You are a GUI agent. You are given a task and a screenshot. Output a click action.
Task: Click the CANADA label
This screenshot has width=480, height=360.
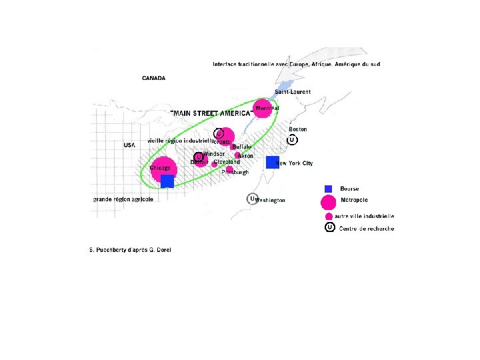coord(153,78)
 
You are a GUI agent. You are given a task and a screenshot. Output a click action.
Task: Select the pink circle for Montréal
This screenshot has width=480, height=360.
coord(263,108)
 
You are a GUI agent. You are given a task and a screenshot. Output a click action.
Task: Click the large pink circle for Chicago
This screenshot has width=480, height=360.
coord(163,169)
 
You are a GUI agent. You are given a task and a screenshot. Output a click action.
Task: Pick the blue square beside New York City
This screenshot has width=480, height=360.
coord(272,162)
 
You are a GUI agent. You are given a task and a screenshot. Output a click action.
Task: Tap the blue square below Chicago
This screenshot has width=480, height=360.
coord(167,181)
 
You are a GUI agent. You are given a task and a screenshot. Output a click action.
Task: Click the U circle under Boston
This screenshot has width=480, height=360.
coord(292,140)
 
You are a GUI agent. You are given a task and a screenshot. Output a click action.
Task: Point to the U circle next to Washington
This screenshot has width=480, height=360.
coord(252,199)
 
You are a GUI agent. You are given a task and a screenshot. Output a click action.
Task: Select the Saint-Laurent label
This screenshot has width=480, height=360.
coord(292,91)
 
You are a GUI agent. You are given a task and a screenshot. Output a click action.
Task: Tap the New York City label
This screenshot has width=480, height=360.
coord(295,163)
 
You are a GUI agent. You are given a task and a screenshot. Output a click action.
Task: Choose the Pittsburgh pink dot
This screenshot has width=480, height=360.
coord(230,169)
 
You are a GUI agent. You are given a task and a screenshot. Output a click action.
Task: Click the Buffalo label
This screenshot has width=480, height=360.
coord(242,147)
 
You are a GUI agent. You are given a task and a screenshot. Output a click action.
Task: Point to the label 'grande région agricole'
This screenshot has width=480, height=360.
coord(123,199)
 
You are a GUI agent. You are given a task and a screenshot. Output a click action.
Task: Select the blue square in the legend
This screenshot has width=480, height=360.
coord(328,189)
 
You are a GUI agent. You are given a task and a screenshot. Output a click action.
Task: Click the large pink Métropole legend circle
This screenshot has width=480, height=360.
coord(328,201)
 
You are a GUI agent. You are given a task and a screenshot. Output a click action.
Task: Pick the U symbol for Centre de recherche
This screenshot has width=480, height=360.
coord(329,228)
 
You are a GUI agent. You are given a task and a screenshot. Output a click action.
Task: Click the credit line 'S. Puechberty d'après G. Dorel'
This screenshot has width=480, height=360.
coord(130,250)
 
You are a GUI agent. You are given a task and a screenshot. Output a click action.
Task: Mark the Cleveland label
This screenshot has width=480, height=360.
coord(227,161)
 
